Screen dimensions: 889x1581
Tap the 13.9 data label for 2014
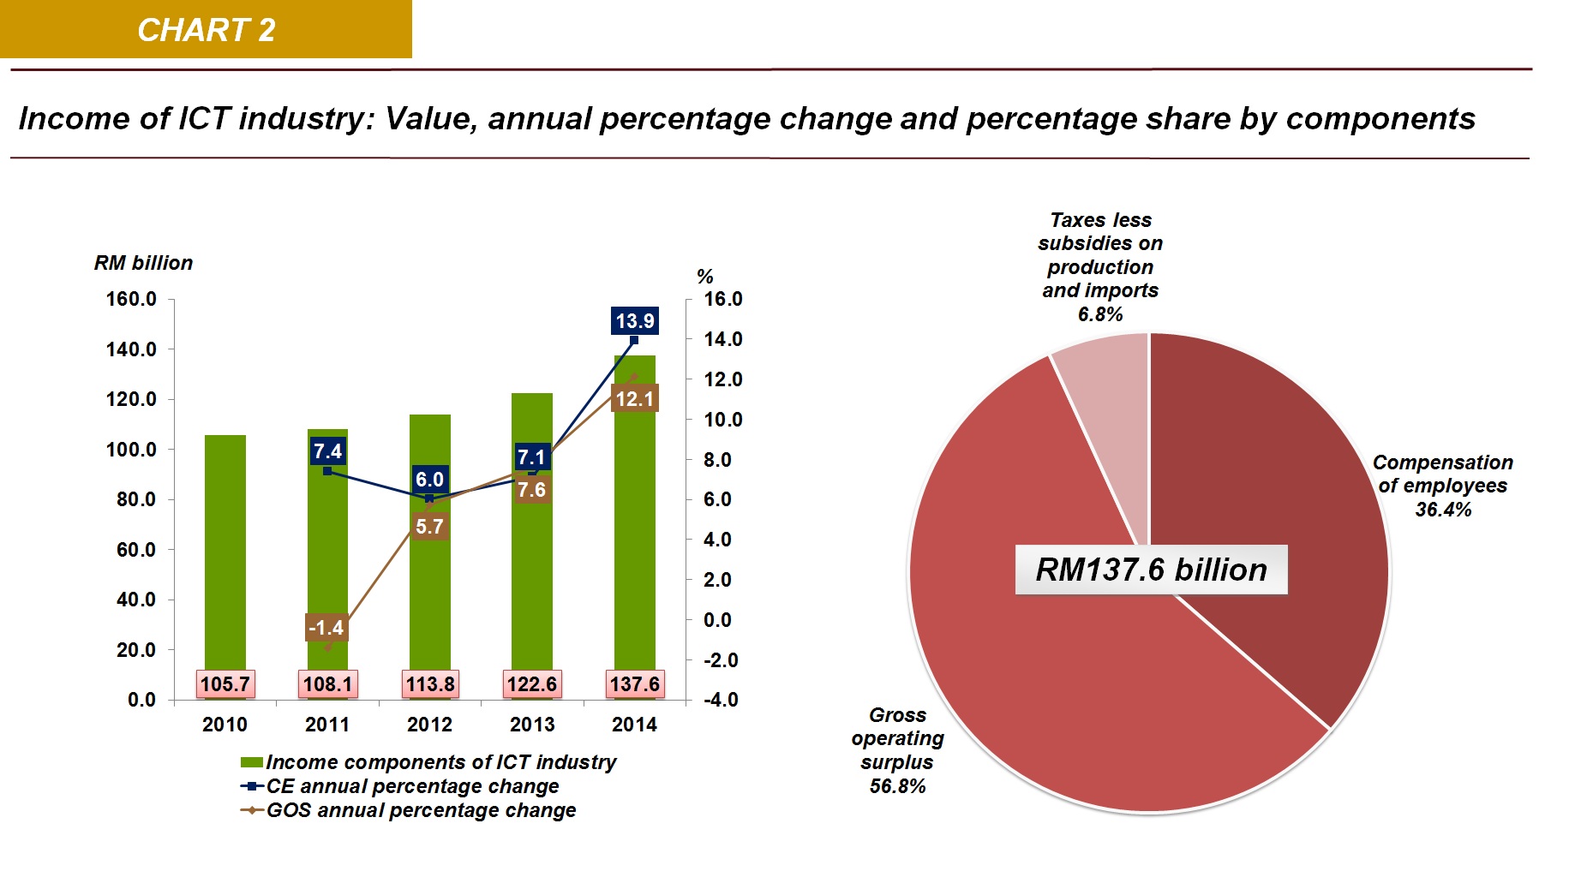(634, 321)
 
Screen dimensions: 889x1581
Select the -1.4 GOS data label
(326, 628)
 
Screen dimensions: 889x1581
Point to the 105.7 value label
(225, 684)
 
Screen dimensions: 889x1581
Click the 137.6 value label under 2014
(634, 684)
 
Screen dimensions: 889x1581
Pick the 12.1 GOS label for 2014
(634, 399)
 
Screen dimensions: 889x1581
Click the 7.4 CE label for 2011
(327, 451)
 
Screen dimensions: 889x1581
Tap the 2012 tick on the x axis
(429, 725)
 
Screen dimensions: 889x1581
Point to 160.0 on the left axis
(131, 300)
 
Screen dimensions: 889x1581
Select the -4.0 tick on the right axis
(721, 700)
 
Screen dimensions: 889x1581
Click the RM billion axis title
(143, 263)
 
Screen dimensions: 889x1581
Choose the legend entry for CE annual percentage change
(412, 786)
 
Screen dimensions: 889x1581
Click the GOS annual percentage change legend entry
(421, 810)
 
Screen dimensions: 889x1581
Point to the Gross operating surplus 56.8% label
(897, 750)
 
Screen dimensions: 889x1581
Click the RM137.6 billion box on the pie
(1151, 570)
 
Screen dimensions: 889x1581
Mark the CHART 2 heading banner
(206, 30)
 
